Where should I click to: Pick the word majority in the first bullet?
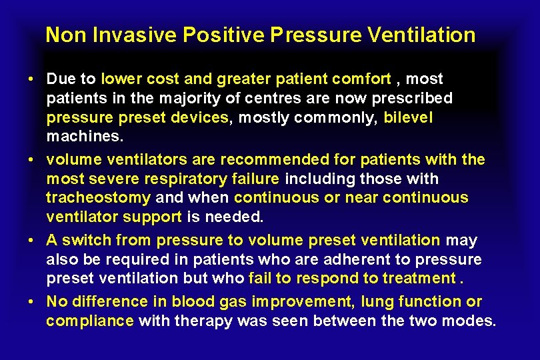pos(175,99)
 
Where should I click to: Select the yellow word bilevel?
pos(408,118)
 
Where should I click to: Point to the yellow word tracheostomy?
pos(98,198)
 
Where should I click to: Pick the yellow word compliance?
pos(90,321)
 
